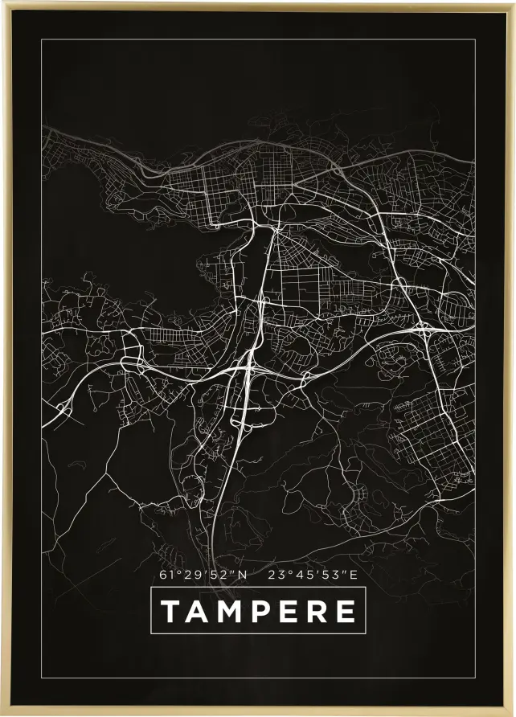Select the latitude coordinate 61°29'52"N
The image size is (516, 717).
pyautogui.click(x=204, y=575)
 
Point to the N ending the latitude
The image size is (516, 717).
pyautogui.click(x=242, y=575)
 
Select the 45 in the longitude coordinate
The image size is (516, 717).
pyautogui.click(x=301, y=575)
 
